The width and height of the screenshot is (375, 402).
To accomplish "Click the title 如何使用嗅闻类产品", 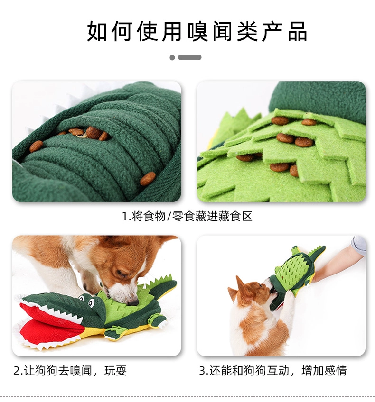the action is (x=197, y=32).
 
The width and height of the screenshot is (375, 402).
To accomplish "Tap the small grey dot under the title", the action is (x=172, y=58).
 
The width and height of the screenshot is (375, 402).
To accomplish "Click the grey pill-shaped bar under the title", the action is (x=190, y=57).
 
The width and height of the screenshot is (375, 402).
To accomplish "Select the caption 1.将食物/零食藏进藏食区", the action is (x=187, y=216).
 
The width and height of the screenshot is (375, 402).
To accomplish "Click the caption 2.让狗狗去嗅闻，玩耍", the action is (x=70, y=371).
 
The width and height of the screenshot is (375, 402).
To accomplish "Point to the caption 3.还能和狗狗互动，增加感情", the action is (x=273, y=371).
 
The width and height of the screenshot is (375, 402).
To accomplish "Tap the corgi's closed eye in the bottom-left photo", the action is (x=121, y=274).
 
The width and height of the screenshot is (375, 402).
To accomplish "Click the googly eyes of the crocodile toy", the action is (x=86, y=301).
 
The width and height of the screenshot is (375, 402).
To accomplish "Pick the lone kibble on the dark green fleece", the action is (x=148, y=178).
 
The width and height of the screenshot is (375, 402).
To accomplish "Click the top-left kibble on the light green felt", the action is (x=280, y=120).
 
